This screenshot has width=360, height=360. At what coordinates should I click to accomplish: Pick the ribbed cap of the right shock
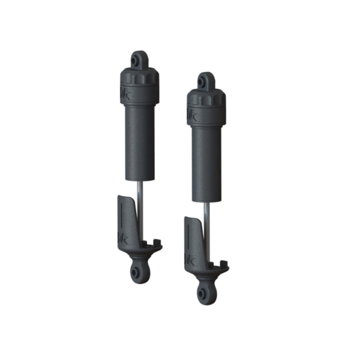(x=205, y=98)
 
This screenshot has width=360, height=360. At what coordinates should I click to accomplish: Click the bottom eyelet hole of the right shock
(x=203, y=292)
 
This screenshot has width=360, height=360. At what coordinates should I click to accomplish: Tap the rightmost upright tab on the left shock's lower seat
(x=158, y=243)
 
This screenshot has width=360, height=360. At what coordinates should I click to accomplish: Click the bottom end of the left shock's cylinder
(x=140, y=178)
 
